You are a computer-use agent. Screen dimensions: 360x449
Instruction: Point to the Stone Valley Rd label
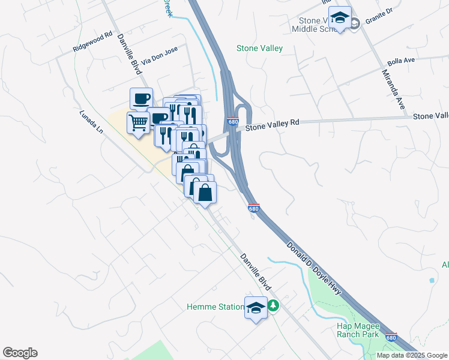pos(272,125)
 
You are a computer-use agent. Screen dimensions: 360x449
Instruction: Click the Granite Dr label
pos(379,19)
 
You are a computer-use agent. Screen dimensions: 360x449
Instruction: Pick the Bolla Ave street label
pos(402,61)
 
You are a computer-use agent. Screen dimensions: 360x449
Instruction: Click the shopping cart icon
pos(139,123)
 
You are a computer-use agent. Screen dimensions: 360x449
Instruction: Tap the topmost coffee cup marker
pos(142,98)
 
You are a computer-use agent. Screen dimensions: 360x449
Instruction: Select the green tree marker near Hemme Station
pos(274,306)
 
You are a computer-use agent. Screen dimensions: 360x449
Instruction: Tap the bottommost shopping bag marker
pos(205,193)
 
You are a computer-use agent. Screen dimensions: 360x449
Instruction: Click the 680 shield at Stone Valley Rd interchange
pos(234,122)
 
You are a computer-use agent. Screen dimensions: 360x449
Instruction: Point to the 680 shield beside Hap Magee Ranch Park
pos(391,337)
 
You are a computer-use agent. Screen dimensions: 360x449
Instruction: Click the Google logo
pos(20,353)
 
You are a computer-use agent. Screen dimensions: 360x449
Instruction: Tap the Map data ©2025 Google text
pos(412,355)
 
